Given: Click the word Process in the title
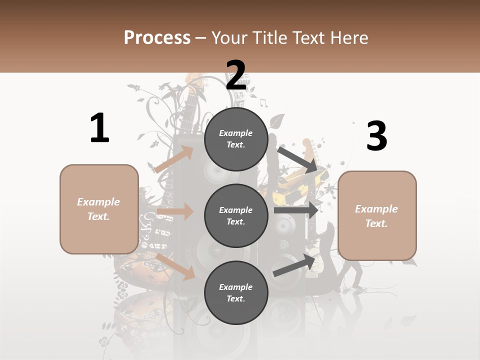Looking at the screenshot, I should (x=157, y=37).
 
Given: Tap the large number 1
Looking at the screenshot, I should (x=99, y=128).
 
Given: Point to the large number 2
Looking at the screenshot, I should (x=236, y=75).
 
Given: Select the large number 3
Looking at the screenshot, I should (x=376, y=136).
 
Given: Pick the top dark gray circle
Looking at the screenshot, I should (x=236, y=139).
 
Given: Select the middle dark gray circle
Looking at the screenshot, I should (x=236, y=215).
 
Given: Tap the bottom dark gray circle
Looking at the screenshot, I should (x=236, y=292).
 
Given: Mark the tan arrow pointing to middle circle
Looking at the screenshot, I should (x=175, y=211).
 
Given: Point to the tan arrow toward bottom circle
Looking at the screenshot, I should (x=175, y=266).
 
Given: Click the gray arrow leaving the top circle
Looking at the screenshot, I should (x=298, y=159).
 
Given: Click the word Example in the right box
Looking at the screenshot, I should (x=376, y=209).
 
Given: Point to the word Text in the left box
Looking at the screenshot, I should (x=98, y=216).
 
